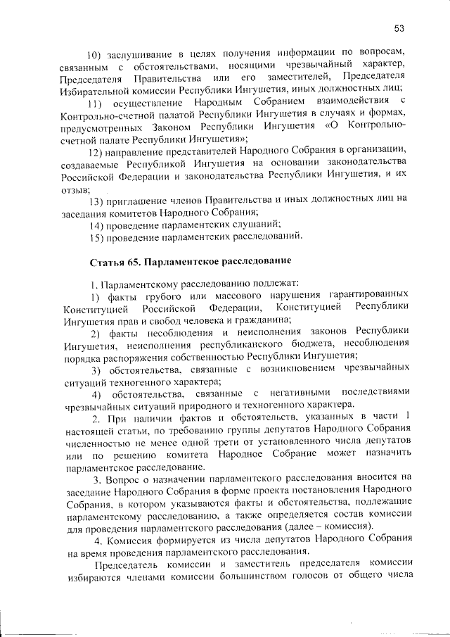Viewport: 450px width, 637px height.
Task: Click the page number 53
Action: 399,29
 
